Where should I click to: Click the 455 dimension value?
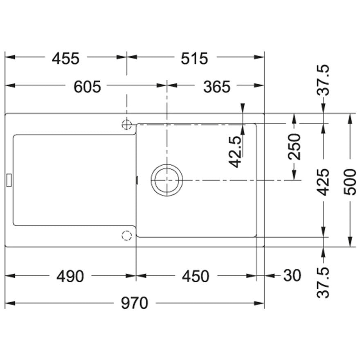coord(66,59)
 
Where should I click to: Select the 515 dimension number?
coord(194,59)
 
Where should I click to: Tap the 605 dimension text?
coord(87,87)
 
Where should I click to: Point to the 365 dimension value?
coord(216,87)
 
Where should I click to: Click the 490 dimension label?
coord(70,276)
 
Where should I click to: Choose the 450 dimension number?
coord(196,276)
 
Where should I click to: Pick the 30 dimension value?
coord(292,275)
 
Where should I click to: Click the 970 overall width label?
coord(135,303)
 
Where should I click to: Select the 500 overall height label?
coord(349,182)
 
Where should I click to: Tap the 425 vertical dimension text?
coord(323,182)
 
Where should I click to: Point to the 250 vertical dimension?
coord(294,146)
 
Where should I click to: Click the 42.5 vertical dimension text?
coord(235,152)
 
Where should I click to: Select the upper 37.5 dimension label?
coord(323,80)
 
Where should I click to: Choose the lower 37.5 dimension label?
coord(323,282)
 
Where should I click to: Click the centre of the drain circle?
coord(167,180)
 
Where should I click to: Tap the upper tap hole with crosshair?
coord(126,125)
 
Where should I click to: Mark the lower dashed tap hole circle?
coord(126,236)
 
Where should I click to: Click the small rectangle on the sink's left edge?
coord(9,180)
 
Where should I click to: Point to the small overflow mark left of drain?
coord(137,180)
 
